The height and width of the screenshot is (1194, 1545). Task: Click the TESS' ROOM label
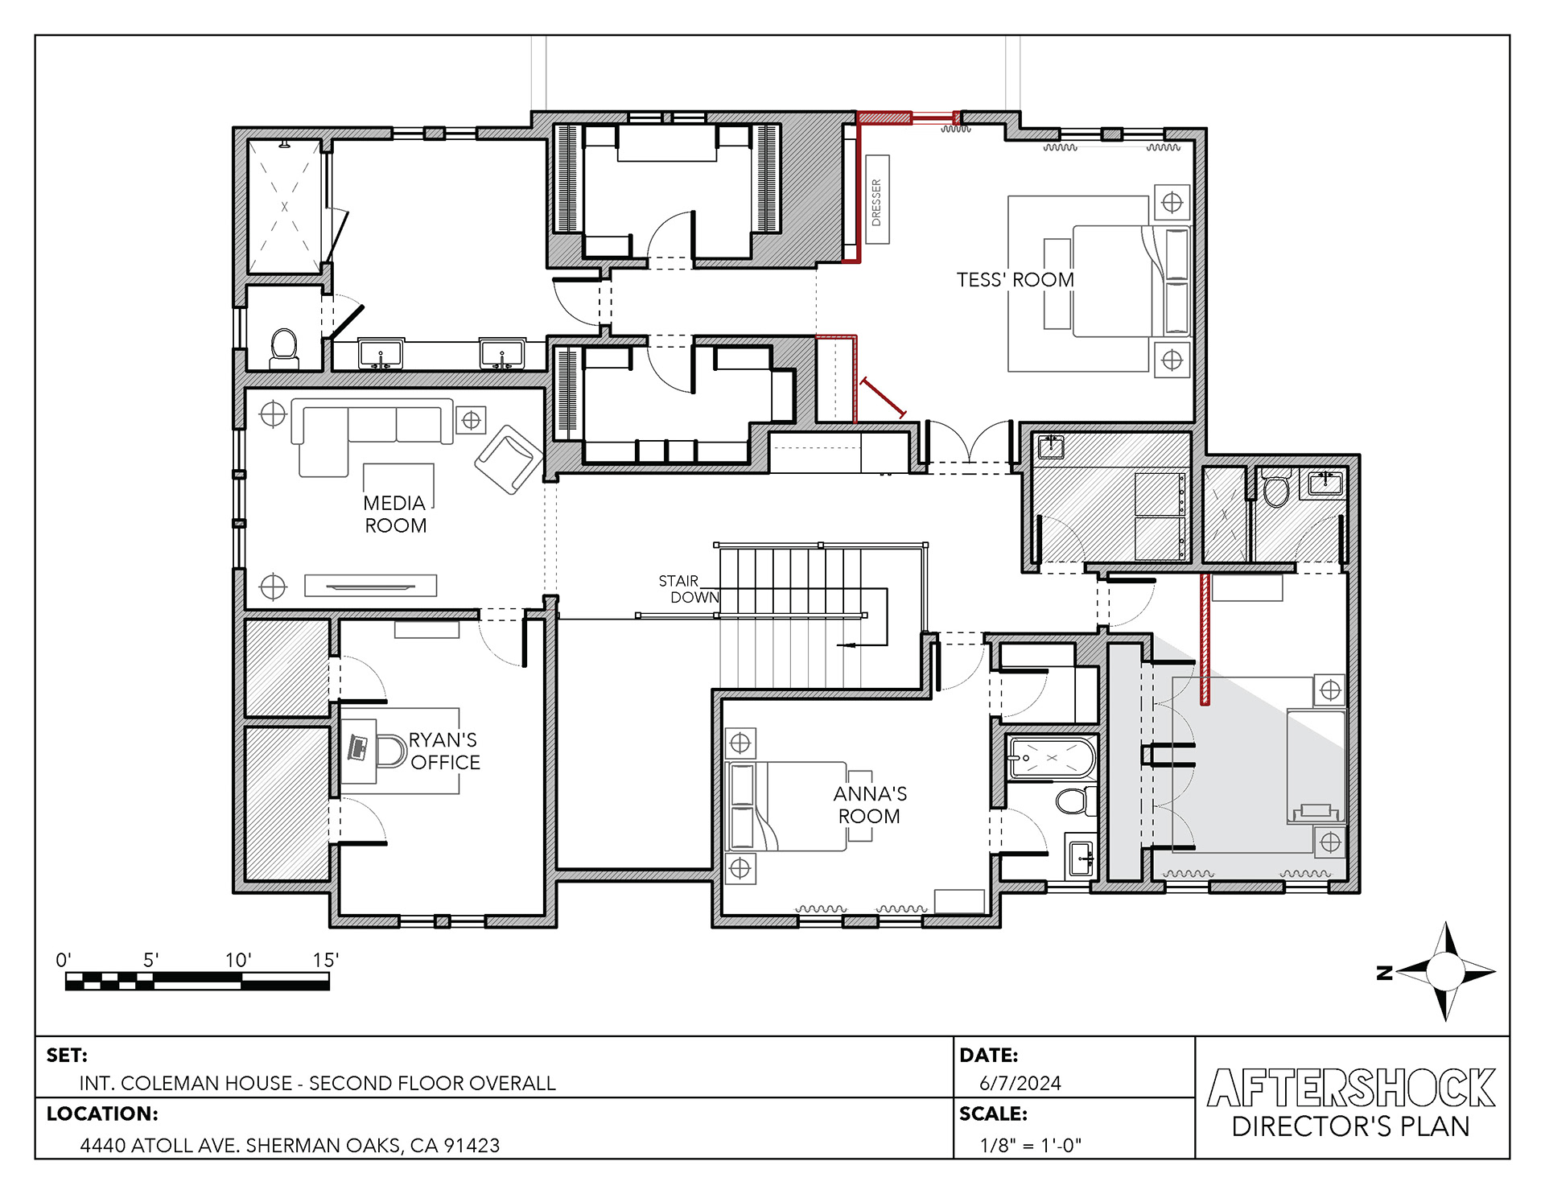(1015, 280)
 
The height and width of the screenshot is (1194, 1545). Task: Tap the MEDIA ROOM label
(394, 514)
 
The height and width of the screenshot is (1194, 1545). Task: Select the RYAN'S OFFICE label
(444, 751)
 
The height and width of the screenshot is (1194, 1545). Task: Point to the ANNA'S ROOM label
(870, 805)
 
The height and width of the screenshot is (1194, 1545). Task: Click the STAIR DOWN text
(689, 589)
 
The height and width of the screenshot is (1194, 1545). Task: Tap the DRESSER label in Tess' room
(876, 201)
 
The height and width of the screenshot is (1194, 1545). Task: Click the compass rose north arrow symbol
(1445, 972)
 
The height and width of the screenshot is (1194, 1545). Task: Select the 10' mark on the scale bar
(238, 960)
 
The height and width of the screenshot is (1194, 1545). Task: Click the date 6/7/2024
(1020, 1083)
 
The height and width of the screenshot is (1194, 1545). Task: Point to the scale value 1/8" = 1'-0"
(1030, 1145)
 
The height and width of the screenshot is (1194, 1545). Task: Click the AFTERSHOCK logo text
(1351, 1088)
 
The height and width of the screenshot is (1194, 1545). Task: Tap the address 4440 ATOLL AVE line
(290, 1145)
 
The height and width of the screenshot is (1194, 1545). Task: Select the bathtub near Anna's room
(1051, 758)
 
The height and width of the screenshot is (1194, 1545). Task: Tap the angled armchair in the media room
(509, 459)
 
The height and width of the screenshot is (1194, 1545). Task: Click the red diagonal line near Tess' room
(883, 397)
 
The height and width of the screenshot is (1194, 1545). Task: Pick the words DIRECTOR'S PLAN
(1350, 1126)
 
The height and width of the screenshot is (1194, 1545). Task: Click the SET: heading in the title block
(67, 1055)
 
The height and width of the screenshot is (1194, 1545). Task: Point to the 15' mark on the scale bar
(326, 960)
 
